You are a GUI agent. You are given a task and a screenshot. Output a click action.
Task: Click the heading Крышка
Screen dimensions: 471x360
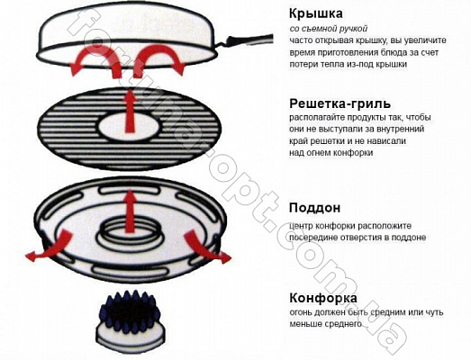pyautogui.click(x=316, y=13)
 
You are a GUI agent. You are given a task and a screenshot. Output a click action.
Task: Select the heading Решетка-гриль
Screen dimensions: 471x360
pyautogui.click(x=340, y=103)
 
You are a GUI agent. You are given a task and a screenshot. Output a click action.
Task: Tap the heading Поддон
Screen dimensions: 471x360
pyautogui.click(x=315, y=208)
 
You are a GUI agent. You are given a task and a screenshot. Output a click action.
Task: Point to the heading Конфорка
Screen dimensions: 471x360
pyautogui.click(x=323, y=298)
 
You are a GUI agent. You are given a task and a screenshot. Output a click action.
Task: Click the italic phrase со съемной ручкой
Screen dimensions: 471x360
pyautogui.click(x=329, y=29)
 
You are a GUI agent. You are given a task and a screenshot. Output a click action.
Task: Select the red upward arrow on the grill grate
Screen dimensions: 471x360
pyautogui.click(x=130, y=110)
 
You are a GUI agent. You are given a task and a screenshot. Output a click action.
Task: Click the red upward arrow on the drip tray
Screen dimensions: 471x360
pyautogui.click(x=130, y=211)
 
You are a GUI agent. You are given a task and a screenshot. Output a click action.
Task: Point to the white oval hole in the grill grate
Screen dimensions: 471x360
pyautogui.click(x=130, y=126)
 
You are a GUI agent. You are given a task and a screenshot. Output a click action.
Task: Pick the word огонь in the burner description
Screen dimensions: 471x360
pyautogui.click(x=301, y=312)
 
